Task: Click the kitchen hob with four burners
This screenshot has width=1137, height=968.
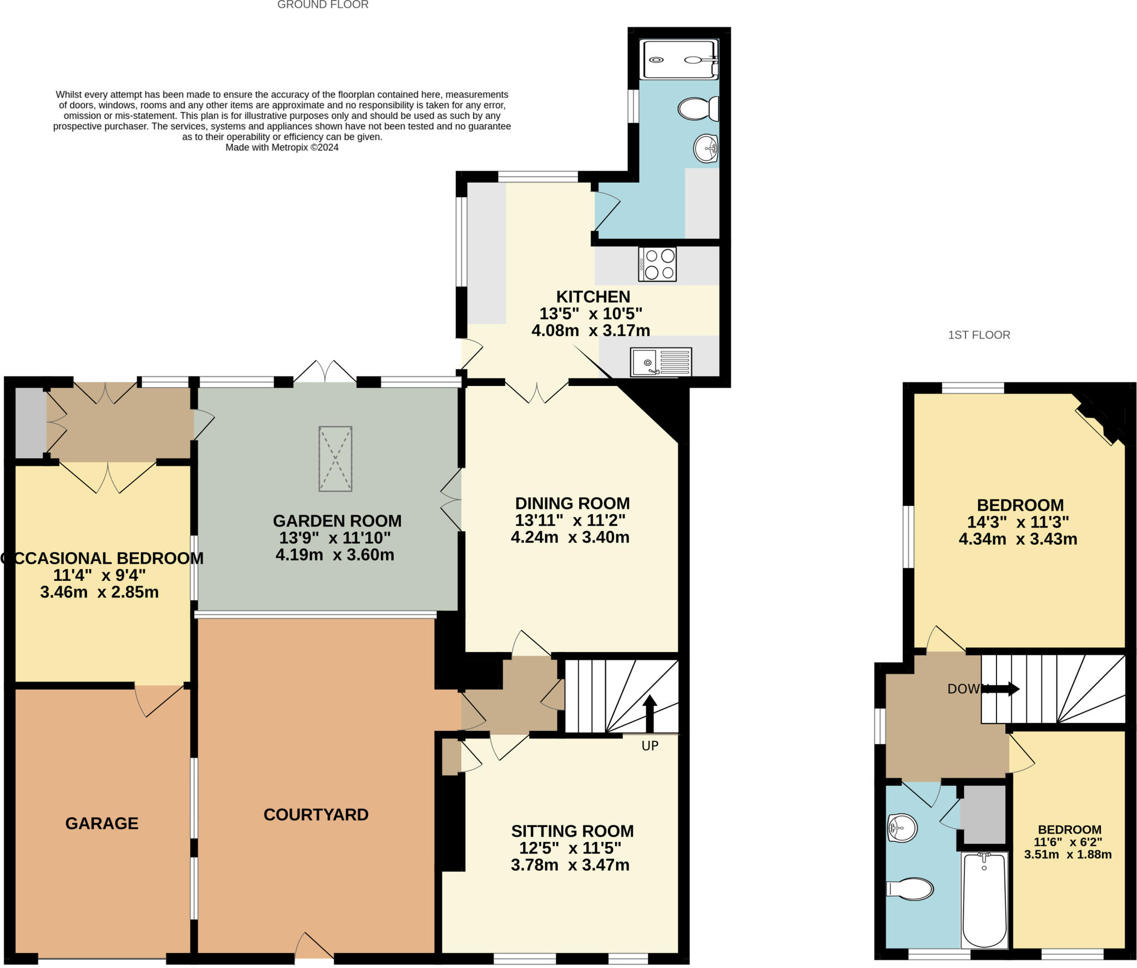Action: click(657, 264)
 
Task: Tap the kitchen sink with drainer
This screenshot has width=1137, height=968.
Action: click(661, 362)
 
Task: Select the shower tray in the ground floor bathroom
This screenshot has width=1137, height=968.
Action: click(678, 59)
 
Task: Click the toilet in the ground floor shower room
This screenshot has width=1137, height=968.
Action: click(698, 109)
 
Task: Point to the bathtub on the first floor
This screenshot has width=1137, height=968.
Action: click(984, 899)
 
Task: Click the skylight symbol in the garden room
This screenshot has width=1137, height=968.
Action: click(335, 459)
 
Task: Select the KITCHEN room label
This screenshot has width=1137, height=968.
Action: click(593, 297)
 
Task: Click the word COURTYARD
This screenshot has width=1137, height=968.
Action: click(316, 815)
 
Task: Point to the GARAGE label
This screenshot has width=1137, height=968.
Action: click(102, 823)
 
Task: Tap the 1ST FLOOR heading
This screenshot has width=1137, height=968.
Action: click(979, 335)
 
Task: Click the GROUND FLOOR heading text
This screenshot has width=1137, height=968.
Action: click(323, 5)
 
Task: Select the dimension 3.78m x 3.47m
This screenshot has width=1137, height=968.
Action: click(570, 865)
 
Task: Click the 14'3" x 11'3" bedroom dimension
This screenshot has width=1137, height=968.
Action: click(1018, 522)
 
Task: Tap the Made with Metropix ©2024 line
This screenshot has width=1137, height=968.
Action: click(281, 147)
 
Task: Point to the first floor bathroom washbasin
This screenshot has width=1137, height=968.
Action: click(902, 829)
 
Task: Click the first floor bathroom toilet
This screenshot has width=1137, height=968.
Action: click(911, 889)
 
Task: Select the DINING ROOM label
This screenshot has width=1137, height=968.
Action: click(572, 503)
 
